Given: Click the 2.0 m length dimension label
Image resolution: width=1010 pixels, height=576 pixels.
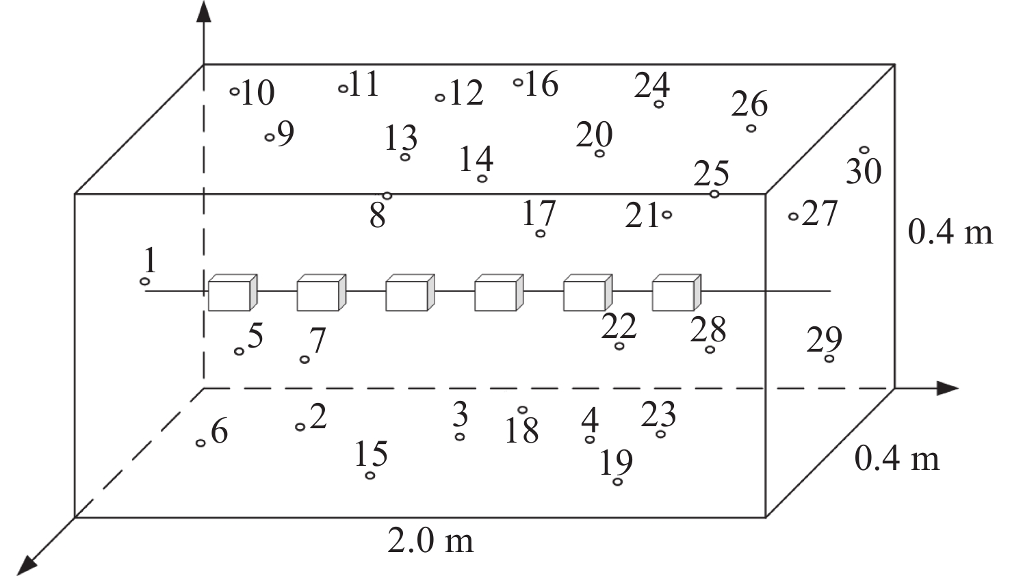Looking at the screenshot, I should point(430,541).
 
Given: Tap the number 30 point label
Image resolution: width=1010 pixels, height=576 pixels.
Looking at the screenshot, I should point(864,172).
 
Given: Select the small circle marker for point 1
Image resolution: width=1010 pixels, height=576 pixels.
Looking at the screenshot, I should point(145,281).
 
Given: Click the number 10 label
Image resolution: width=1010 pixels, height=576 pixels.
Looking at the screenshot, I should point(258,93).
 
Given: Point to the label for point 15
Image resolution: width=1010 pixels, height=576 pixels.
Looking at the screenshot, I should point(372,454).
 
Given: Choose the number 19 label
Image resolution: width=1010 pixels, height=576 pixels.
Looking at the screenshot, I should point(616,463).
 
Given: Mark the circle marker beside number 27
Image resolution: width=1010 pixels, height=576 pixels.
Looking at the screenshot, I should point(793,217).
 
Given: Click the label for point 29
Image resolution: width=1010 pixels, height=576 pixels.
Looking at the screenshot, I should point(823,339).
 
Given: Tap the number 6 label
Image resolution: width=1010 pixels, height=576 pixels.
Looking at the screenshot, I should point(220,432).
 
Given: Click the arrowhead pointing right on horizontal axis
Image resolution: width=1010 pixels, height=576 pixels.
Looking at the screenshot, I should point(948,388).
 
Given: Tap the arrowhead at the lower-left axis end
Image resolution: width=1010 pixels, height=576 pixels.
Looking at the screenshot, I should point(27,564).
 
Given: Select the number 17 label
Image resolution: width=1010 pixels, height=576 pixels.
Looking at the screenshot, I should point(539,213).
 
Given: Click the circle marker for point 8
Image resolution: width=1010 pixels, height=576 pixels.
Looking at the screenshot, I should point(387,196).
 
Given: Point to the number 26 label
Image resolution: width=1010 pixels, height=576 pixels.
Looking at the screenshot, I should point(749,105).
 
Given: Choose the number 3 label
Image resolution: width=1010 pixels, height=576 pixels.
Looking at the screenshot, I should point(461,414).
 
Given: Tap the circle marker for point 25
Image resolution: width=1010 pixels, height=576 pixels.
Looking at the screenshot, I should point(714,194).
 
